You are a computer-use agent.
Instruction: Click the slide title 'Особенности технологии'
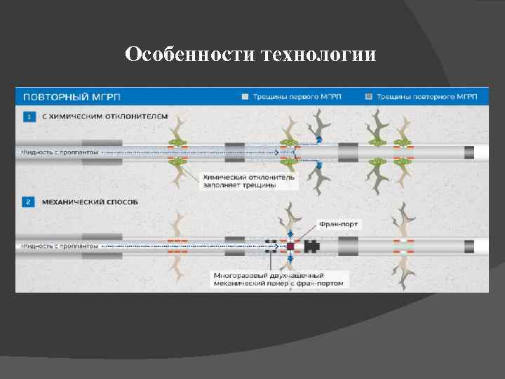(x=251, y=54)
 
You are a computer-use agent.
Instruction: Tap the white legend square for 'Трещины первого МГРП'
(x=244, y=96)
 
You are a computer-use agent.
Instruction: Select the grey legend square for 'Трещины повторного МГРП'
(x=369, y=96)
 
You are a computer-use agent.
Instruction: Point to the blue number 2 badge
(x=29, y=202)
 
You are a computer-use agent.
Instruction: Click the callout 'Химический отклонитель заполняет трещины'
(x=250, y=182)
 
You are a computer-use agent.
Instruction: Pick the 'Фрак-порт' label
(x=339, y=224)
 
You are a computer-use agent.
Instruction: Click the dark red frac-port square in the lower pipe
(x=290, y=246)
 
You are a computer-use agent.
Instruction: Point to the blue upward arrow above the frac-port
(x=290, y=232)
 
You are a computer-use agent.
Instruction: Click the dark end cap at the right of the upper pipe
(x=469, y=152)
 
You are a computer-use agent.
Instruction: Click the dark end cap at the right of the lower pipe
(x=469, y=246)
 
